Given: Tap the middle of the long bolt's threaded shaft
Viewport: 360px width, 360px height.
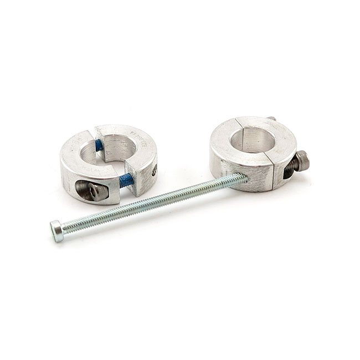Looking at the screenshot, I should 150,203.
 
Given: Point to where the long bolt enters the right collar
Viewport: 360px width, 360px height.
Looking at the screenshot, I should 244,178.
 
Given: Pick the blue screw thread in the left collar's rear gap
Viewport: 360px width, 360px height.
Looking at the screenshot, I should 99,145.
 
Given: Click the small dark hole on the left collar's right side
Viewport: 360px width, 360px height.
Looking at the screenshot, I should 154,173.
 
